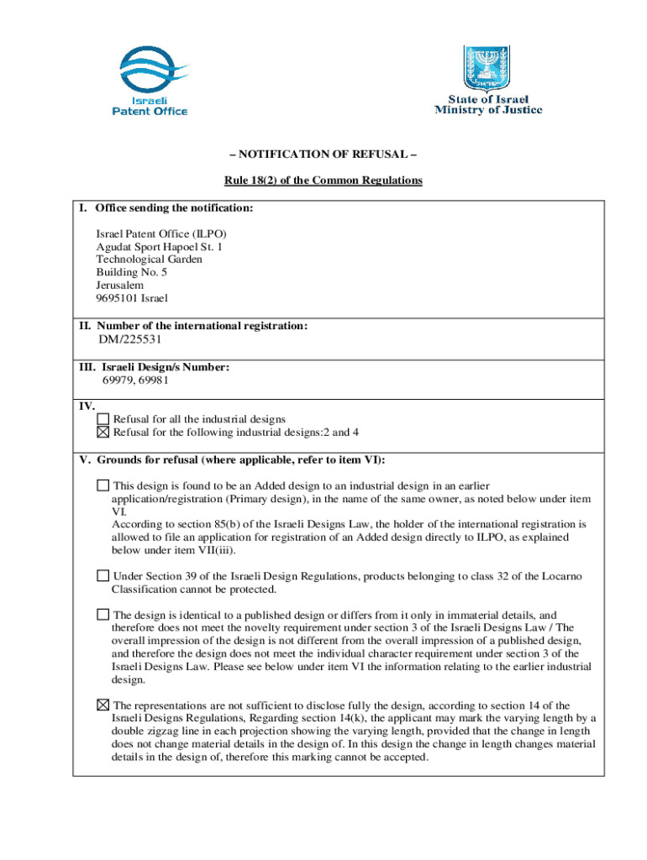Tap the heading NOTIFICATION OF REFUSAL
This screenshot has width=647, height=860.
pos(323,155)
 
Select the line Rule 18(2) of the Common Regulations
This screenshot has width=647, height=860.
pos(323,181)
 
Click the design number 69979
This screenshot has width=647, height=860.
pos(118,380)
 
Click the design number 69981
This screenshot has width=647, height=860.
pos(159,380)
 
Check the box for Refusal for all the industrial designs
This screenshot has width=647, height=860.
pos(103,418)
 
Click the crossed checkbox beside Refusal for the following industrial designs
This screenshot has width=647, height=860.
pos(103,432)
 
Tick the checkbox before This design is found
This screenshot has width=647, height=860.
pos(103,485)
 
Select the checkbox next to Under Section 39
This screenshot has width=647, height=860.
pos(103,575)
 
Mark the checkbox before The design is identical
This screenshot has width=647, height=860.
pos(103,615)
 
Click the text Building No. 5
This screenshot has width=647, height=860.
pos(132,272)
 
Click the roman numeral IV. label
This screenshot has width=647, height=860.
pos(87,406)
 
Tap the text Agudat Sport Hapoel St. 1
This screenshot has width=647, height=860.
pos(159,247)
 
